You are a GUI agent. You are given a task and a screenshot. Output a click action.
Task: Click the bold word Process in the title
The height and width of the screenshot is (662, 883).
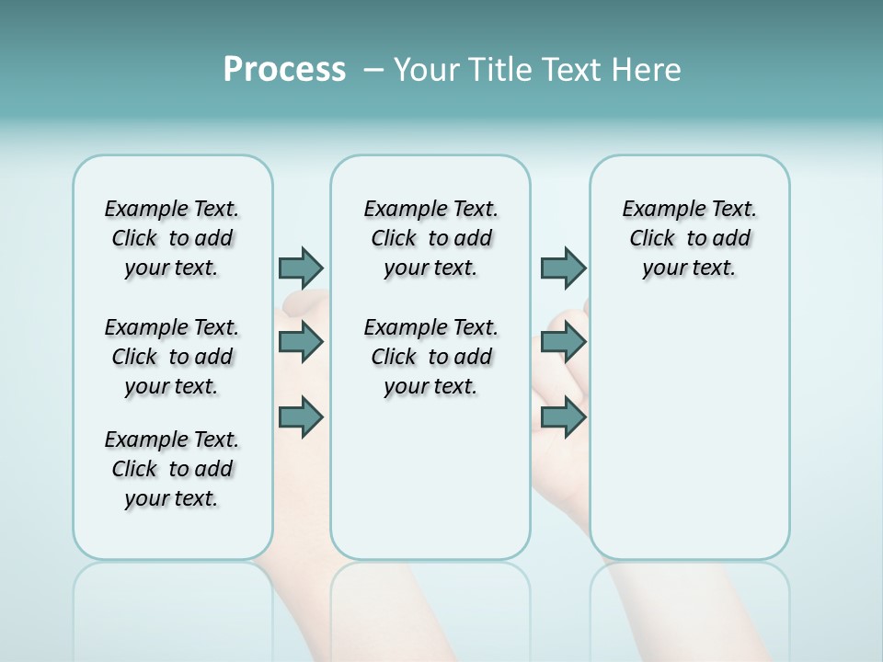click(284, 69)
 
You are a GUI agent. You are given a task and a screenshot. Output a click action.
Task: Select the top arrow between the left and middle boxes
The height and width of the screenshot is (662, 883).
click(301, 268)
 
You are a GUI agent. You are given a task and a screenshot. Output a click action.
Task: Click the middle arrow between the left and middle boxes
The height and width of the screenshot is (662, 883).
click(301, 342)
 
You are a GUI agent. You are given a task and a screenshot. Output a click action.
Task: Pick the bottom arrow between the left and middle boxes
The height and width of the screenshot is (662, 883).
click(301, 417)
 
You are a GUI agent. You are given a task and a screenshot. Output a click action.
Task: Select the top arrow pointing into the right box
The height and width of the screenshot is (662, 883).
click(563, 268)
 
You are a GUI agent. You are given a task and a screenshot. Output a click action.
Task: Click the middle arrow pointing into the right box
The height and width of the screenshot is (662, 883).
click(563, 342)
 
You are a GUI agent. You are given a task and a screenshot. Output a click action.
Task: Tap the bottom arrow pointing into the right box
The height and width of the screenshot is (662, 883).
click(563, 417)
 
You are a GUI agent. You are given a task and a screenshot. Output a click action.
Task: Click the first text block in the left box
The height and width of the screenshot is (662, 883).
click(172, 238)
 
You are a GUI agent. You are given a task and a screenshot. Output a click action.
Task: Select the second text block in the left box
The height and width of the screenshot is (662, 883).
click(172, 357)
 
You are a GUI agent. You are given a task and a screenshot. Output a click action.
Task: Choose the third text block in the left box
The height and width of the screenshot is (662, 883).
click(172, 469)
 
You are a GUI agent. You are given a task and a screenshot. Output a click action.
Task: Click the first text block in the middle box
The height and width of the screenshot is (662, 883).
click(431, 238)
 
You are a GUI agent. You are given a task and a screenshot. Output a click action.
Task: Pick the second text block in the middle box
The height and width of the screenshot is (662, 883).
click(431, 357)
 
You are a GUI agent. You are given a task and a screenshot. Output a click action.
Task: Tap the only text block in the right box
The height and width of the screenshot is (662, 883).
click(690, 238)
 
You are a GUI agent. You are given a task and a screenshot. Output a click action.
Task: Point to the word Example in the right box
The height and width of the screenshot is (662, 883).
click(657, 210)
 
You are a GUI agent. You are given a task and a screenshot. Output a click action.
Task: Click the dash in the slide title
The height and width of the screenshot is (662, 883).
click(373, 70)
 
